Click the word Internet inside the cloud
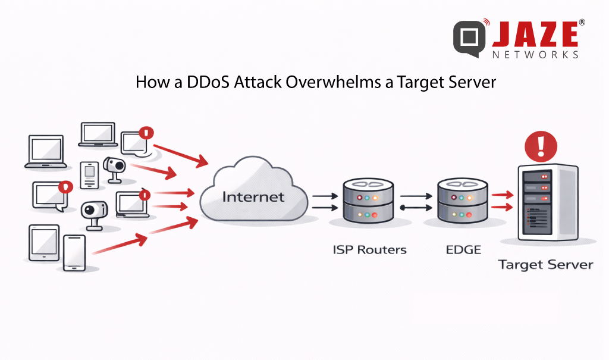pyautogui.click(x=253, y=196)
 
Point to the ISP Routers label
pyautogui.click(x=369, y=249)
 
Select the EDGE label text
pyautogui.click(x=463, y=249)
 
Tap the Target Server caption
pyautogui.click(x=545, y=264)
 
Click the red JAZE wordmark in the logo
pyautogui.click(x=535, y=35)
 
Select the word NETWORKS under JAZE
pyautogui.click(x=535, y=55)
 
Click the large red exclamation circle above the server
pyautogui.click(x=541, y=145)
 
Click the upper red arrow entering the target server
pyautogui.click(x=503, y=193)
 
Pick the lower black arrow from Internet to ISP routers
pyautogui.click(x=324, y=208)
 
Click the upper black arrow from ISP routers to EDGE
pyautogui.click(x=416, y=195)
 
